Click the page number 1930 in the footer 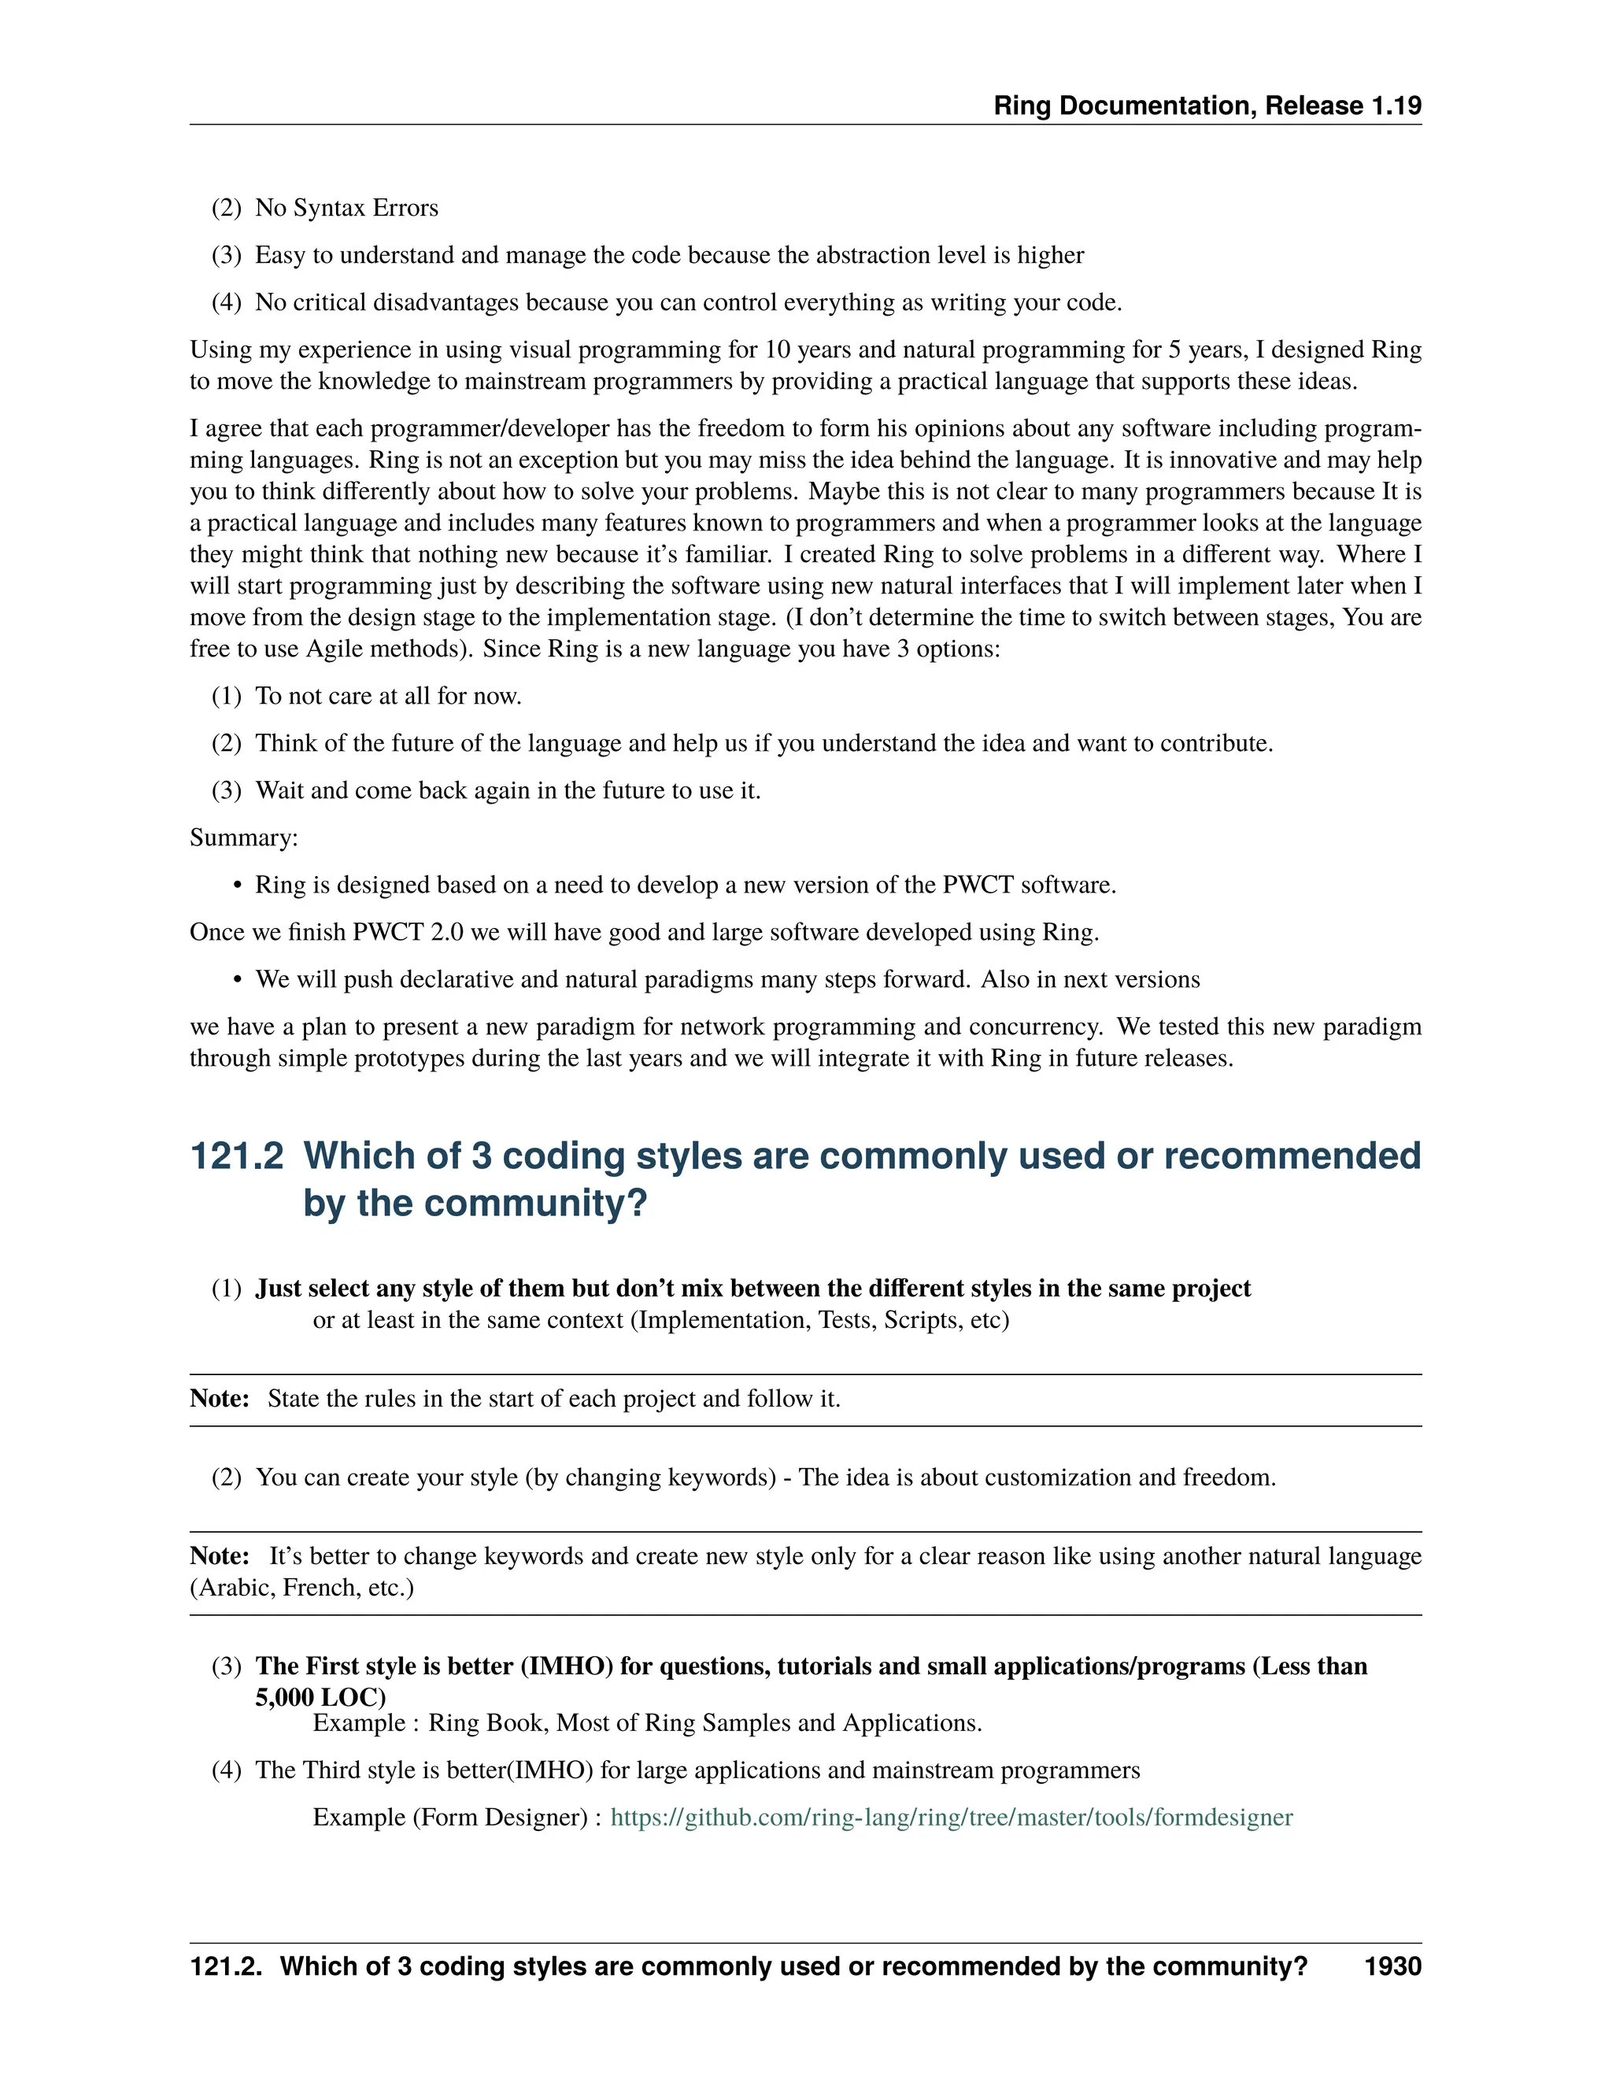(1392, 1966)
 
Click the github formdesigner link (951, 1817)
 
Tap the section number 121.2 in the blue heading (237, 1156)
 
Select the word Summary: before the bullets (243, 838)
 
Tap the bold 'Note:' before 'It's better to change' (220, 1556)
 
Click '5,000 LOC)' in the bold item (320, 1697)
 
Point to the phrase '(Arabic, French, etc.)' (301, 1588)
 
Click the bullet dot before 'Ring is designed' (238, 886)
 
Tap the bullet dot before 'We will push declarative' (238, 980)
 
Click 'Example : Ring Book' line (646, 1723)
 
